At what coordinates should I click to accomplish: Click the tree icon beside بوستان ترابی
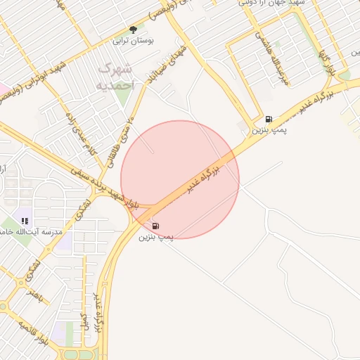[133, 30]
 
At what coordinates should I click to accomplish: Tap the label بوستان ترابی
[134, 41]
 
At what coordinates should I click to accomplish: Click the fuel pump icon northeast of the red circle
[269, 119]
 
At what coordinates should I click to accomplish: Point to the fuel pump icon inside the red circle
[155, 226]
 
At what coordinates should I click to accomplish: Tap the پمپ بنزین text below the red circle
[155, 238]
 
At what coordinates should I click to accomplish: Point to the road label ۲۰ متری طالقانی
[119, 139]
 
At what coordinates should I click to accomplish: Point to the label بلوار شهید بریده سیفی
[105, 188]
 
